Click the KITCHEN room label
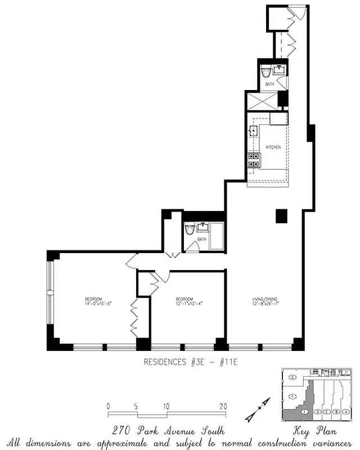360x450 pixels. point(273,147)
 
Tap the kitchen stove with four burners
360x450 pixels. point(253,160)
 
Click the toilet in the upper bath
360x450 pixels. point(265,71)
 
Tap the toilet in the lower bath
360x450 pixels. point(190,230)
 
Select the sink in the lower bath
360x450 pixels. point(201,227)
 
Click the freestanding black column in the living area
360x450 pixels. point(281,215)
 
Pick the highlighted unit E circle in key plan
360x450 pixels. point(304,412)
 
